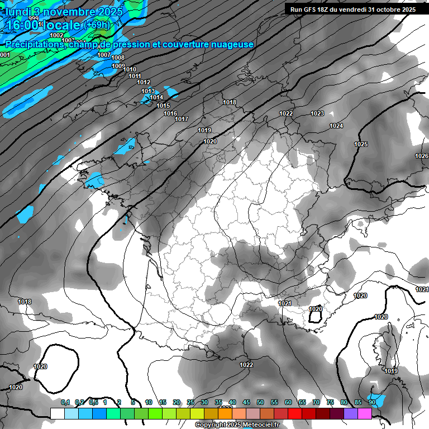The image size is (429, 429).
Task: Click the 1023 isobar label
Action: click(317, 113)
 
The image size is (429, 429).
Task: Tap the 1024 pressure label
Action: click(336, 126)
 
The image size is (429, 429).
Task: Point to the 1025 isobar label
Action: click(361, 144)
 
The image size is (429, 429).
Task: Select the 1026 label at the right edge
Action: click(422, 156)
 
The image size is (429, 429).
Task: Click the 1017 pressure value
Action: click(181, 119)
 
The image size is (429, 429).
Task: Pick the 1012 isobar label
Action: click(144, 82)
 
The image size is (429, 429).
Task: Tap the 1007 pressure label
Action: click(104, 55)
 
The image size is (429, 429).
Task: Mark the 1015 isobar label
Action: click(163, 106)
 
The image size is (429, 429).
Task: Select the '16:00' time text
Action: click(22, 25)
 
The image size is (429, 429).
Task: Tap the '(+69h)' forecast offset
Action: click(98, 25)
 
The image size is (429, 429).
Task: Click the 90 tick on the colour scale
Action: click(372, 402)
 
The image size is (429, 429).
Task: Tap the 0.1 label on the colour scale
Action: click(65, 402)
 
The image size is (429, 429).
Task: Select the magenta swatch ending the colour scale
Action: click(365, 413)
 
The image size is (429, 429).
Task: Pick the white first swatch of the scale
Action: click(57, 413)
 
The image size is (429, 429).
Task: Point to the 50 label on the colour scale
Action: click(260, 402)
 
